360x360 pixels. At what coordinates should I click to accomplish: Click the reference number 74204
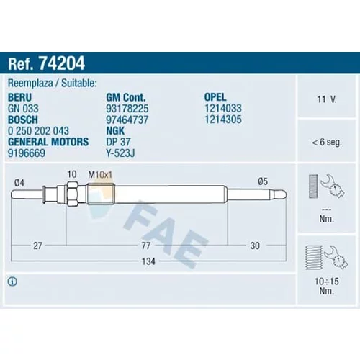coord(62,63)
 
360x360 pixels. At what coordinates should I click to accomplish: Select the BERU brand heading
coord(19,97)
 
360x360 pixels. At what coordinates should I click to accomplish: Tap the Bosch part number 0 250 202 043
coord(38,131)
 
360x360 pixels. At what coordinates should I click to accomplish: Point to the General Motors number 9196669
coord(27,153)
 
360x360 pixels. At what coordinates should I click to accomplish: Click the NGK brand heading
coord(115,131)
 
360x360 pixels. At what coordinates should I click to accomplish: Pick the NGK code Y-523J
coord(120,153)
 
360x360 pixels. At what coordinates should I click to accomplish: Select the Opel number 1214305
coord(223,120)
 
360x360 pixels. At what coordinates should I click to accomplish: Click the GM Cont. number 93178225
coord(127,109)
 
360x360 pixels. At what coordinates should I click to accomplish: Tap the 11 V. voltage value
coord(327,99)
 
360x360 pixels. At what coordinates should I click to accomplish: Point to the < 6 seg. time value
coord(326,142)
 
